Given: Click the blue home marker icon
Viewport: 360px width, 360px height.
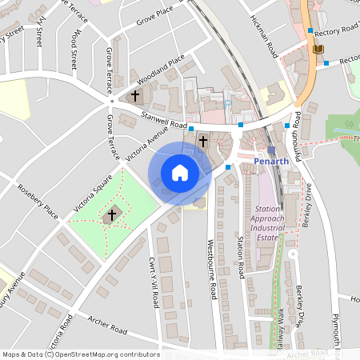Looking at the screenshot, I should [x=180, y=173].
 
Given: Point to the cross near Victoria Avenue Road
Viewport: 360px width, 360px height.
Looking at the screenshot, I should [x=203, y=142].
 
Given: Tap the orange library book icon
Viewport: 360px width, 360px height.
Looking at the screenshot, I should [x=318, y=50].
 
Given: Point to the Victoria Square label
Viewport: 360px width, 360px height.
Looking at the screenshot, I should [x=93, y=196].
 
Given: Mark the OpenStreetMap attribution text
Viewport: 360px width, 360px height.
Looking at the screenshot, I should [x=81, y=354].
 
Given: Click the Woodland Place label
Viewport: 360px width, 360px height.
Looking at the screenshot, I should [x=160, y=70].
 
